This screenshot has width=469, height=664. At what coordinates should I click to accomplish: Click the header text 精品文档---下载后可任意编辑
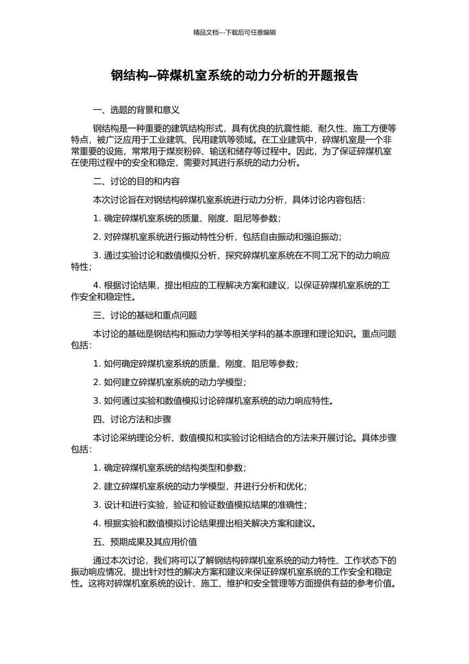(234, 33)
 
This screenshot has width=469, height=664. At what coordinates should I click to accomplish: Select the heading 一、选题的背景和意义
(136, 110)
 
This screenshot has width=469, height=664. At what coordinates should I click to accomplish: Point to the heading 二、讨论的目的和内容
(136, 181)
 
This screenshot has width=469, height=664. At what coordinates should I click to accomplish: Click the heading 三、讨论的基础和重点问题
(145, 315)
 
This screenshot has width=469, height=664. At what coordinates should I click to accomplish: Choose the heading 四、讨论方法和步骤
(132, 419)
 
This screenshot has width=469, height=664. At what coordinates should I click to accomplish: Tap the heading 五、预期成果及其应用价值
(145, 542)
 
